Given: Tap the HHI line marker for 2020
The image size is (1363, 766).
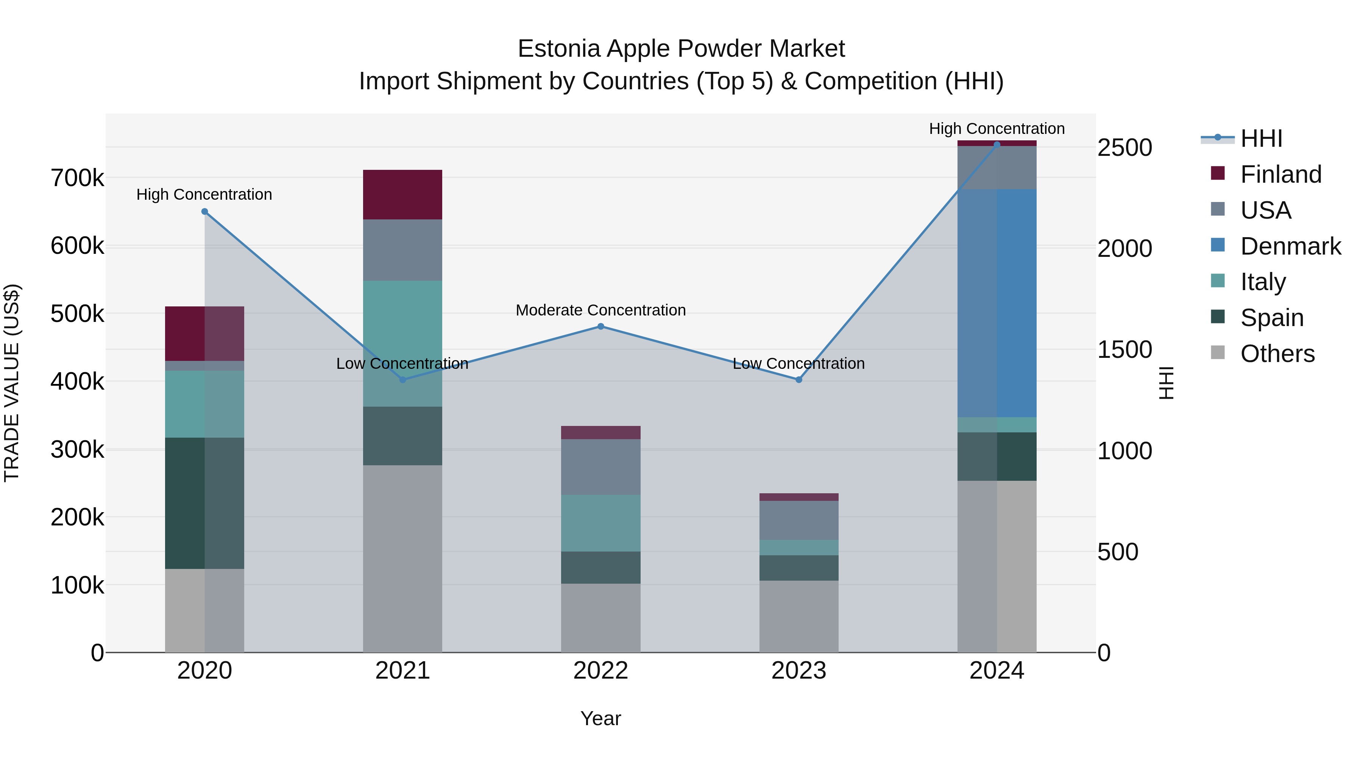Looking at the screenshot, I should click(x=205, y=211).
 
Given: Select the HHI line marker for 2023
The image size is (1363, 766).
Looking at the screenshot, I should click(x=799, y=379).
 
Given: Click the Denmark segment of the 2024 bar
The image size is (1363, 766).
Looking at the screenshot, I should click(x=997, y=303).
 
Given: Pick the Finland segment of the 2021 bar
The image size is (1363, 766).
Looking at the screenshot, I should click(x=403, y=194).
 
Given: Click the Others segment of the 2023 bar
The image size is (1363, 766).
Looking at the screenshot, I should click(x=799, y=617).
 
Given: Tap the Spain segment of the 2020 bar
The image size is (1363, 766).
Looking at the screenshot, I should click(x=205, y=503).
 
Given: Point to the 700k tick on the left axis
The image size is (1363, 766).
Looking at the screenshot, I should click(x=77, y=178).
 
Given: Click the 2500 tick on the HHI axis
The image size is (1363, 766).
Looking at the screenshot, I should click(x=1124, y=148).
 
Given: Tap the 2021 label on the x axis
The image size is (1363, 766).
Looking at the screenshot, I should click(x=403, y=671).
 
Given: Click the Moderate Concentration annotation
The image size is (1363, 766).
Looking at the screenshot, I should click(x=600, y=310).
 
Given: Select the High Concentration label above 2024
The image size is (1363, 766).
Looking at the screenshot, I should click(x=997, y=129).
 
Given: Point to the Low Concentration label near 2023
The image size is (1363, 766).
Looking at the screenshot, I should click(x=799, y=364).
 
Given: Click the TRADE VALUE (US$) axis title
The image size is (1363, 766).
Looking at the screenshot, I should click(x=12, y=383).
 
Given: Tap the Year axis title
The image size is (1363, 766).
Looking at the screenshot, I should click(x=600, y=718).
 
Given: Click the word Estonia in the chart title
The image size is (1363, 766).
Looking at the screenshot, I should click(x=559, y=49).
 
